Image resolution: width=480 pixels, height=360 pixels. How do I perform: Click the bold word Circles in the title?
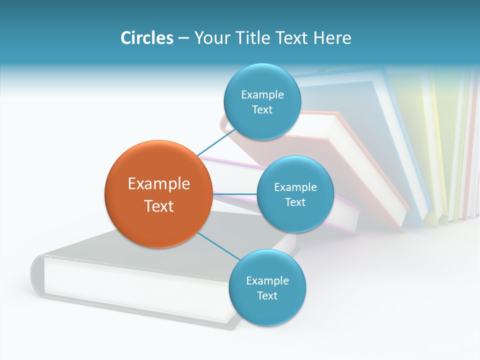(146, 38)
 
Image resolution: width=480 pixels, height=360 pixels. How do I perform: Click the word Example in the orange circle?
(159, 184)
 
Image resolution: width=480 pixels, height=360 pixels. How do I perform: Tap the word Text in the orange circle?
(159, 206)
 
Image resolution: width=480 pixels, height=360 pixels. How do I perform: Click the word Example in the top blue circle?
(262, 95)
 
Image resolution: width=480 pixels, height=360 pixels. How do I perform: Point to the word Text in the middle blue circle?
(295, 202)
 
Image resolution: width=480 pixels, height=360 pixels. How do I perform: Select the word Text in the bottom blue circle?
(267, 296)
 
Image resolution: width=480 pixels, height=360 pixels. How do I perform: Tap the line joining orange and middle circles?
(234, 193)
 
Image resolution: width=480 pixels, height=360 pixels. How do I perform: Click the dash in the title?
(183, 38)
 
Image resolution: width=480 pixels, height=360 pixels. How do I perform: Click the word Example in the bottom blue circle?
(267, 281)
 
